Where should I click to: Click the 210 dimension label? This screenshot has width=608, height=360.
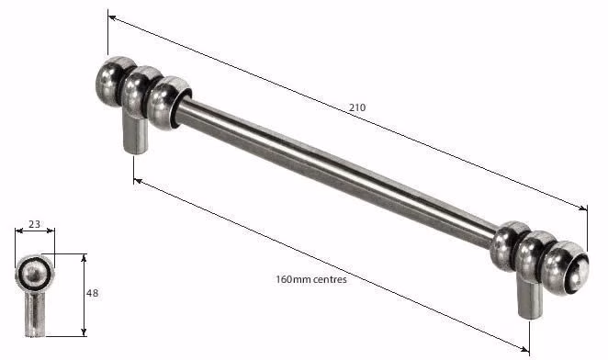357,107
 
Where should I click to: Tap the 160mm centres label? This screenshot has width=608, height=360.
311,279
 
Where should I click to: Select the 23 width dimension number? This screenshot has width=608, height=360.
35,224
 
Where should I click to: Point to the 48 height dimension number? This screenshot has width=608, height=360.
92,293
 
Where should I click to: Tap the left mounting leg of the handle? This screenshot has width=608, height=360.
135,134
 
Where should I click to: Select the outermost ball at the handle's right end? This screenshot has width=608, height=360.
566,267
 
